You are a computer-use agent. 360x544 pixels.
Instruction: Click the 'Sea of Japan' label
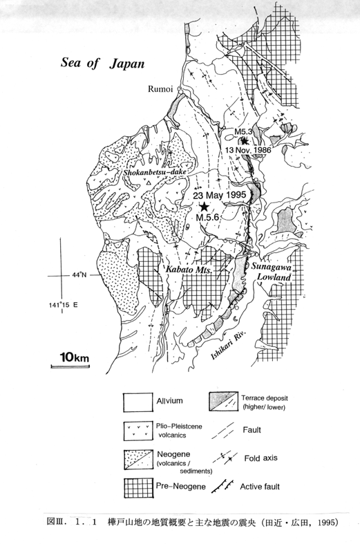(x=103, y=64)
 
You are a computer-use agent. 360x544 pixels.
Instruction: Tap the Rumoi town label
(x=160, y=88)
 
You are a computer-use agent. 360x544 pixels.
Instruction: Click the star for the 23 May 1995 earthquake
(x=204, y=207)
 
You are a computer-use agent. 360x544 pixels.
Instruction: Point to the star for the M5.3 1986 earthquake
(x=245, y=141)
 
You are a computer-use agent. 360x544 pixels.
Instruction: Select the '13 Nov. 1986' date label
(x=248, y=150)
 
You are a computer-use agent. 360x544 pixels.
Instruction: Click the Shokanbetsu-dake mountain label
(x=153, y=172)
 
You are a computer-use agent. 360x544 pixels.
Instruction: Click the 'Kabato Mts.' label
(x=189, y=270)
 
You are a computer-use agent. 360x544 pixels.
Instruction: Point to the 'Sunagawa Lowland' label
(x=272, y=272)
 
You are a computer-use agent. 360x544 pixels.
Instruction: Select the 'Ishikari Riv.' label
(x=229, y=346)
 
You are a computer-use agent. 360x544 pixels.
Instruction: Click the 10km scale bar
(x=70, y=366)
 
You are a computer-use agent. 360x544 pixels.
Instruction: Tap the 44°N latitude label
(x=79, y=275)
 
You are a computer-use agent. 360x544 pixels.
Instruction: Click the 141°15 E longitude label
(x=64, y=305)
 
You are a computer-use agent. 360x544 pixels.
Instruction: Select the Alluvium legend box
(x=138, y=402)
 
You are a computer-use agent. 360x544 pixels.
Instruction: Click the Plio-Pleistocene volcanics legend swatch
(x=138, y=431)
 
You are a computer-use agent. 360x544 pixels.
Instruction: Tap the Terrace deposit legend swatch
(x=223, y=402)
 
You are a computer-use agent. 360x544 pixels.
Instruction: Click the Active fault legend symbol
(x=222, y=487)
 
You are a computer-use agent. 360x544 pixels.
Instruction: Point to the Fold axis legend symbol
(x=225, y=458)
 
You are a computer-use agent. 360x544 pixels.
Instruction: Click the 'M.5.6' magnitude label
(x=207, y=218)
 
